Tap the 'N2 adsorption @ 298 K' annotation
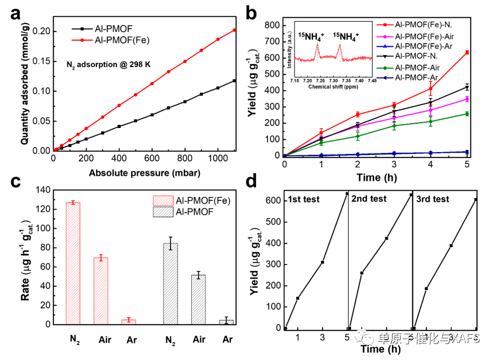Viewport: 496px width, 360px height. pos(109,64)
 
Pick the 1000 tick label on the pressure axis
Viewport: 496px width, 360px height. pos(218,159)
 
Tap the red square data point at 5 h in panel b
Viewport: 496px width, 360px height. pos(467,52)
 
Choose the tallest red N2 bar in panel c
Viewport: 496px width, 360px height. pos(73,262)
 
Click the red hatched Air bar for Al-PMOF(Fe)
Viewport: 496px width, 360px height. pos(101,290)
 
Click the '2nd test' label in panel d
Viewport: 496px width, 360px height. pos(369,199)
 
